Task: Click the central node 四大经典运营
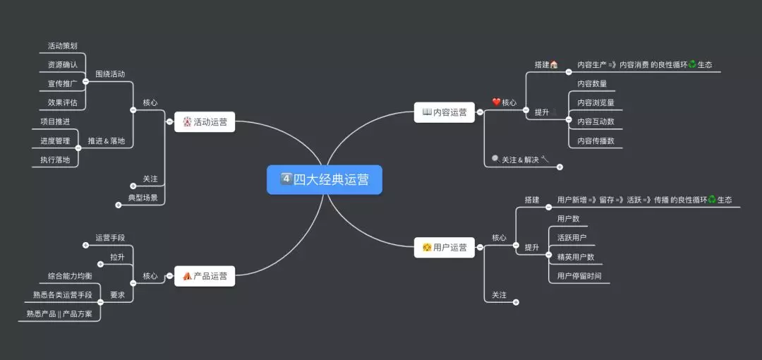point(325,180)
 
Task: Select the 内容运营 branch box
point(445,112)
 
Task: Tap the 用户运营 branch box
point(444,247)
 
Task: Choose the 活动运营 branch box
point(205,122)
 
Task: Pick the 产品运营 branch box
point(205,276)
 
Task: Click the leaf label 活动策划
point(63,46)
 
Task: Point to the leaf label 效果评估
point(63,102)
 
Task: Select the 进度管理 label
point(55,141)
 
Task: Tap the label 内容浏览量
point(595,103)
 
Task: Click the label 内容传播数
point(595,141)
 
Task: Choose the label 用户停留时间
point(579,276)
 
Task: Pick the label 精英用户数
point(576,257)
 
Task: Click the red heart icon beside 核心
point(496,102)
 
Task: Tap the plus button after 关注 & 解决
point(560,167)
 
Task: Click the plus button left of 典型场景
point(118,205)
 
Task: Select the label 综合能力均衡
point(70,275)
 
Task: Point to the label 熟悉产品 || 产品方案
point(59,314)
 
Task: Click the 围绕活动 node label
point(110,74)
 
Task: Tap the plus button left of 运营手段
point(85,246)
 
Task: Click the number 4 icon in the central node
point(286,179)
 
